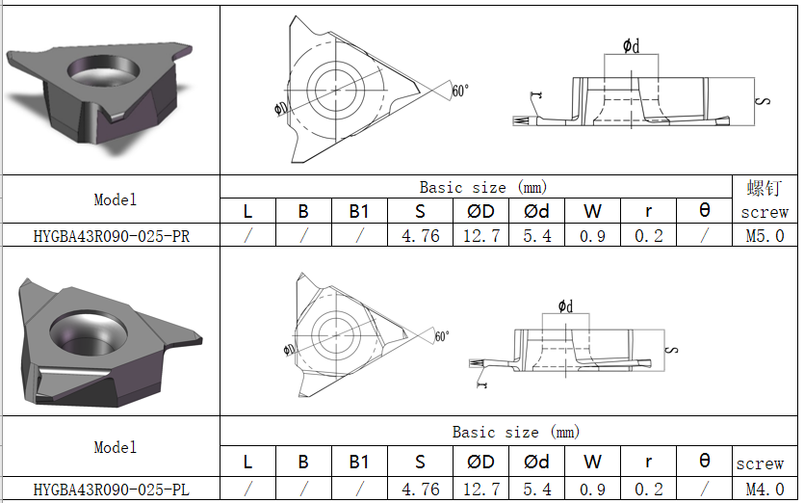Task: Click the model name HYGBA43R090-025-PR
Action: tap(111, 236)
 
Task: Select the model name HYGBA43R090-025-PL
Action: tap(111, 490)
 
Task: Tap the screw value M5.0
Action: tap(765, 236)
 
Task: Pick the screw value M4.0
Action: tap(765, 490)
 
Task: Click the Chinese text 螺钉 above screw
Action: tap(765, 187)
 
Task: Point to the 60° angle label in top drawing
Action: tap(460, 91)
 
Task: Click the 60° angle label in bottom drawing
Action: tap(442, 336)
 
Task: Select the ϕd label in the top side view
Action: tap(630, 45)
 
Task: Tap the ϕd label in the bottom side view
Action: tap(565, 306)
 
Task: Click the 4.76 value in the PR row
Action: tap(420, 236)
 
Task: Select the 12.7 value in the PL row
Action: tap(480, 490)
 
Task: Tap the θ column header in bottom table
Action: tap(704, 462)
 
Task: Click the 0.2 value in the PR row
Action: tap(648, 236)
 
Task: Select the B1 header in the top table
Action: tap(359, 211)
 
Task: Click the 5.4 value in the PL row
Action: tap(536, 490)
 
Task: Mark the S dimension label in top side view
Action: tap(763, 101)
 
